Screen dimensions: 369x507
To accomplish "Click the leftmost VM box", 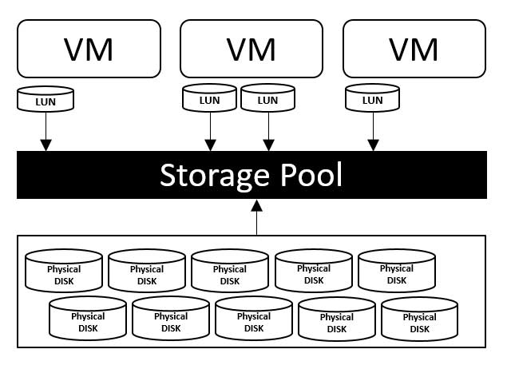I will pyautogui.click(x=88, y=50).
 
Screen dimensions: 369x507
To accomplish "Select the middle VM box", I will pyautogui.click(x=252, y=50).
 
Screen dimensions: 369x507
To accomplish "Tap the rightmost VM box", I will pyautogui.click(x=414, y=50).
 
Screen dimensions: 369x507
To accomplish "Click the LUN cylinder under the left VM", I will pyautogui.click(x=45, y=100).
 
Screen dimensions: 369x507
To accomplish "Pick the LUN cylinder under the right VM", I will pyautogui.click(x=373, y=100).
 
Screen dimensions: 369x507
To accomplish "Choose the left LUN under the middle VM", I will pyautogui.click(x=210, y=100).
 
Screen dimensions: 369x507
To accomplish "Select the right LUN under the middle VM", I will pyautogui.click(x=268, y=100).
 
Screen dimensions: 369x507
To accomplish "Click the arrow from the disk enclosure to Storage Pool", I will pyautogui.click(x=257, y=217).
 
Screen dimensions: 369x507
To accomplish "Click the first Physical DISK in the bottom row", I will pyautogui.click(x=88, y=320).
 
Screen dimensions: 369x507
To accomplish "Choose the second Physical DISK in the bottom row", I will pyautogui.click(x=171, y=320).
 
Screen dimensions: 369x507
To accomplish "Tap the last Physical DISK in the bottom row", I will pyautogui.click(x=420, y=320).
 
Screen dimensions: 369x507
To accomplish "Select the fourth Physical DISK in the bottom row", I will pyautogui.click(x=337, y=320).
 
